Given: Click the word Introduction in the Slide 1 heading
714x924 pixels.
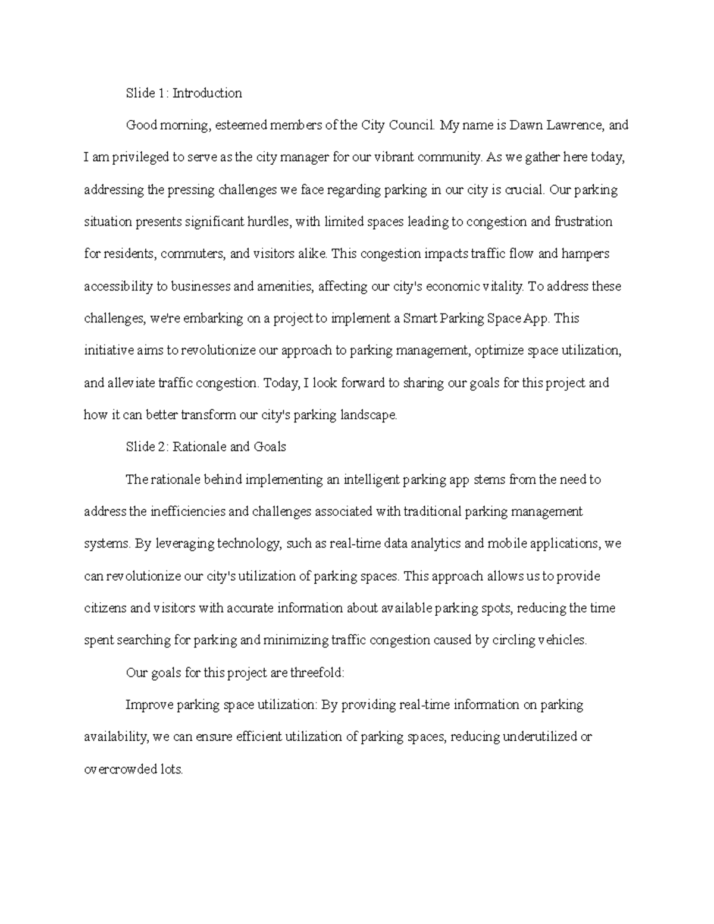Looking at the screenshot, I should point(207,93).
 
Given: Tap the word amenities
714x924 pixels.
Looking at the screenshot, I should point(285,287).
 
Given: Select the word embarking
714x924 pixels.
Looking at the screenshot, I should point(211,319).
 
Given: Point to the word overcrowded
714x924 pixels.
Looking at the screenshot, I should point(118,769).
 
